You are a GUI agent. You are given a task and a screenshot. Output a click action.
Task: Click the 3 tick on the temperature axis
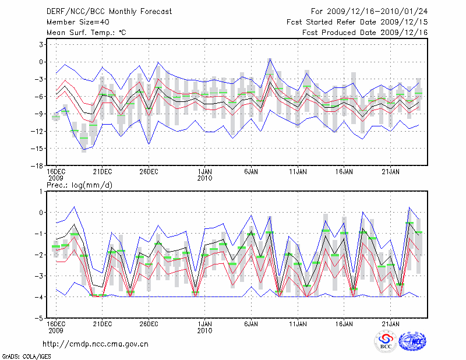click(42, 44)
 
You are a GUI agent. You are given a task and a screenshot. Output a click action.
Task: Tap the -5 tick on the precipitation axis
click(40, 319)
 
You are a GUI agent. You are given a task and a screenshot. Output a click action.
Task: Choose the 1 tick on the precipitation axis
click(42, 191)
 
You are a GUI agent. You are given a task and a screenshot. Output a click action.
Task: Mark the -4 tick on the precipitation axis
click(40, 297)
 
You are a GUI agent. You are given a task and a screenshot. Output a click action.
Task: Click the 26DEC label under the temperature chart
click(149, 172)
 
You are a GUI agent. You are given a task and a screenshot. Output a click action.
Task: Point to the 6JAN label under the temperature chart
click(252, 172)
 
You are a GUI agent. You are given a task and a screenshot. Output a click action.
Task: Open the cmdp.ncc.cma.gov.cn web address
click(96, 344)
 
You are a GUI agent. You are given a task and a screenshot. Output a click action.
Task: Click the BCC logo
click(385, 342)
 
